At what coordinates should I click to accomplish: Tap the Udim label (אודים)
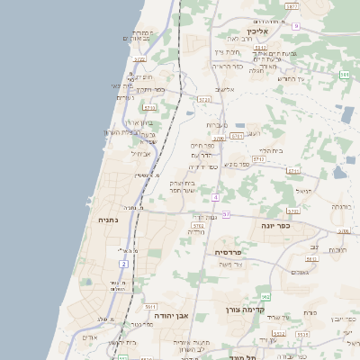[x=88, y=337]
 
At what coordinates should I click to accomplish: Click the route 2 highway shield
[x=123, y=264]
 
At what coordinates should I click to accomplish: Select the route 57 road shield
[x=227, y=214]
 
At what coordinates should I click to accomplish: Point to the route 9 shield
[x=295, y=26]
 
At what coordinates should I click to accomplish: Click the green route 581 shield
[x=345, y=74]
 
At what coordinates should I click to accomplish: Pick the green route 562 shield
[x=265, y=295]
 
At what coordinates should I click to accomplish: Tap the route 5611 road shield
[x=150, y=307]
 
